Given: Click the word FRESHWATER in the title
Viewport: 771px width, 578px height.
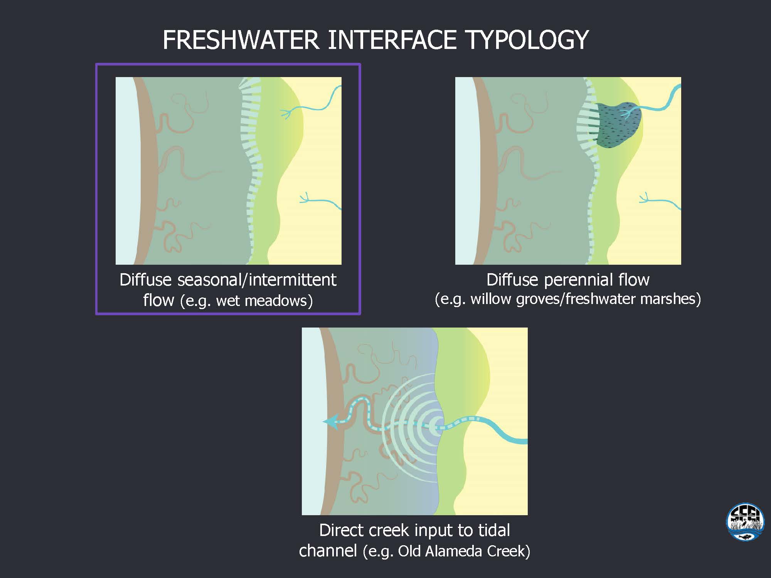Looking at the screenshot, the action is coord(241,39).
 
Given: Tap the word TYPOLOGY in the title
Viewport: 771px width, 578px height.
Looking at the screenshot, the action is coord(527,39).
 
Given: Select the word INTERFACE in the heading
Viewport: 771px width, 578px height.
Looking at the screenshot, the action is coord(392,39).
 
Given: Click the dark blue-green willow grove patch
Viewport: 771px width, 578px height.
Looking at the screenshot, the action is coord(619,124).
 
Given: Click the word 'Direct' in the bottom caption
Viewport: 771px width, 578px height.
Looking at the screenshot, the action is coord(341,530).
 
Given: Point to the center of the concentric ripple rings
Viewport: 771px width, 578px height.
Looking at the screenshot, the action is coord(439,424).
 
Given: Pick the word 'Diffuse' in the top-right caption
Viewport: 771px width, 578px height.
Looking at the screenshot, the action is coord(512,280).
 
